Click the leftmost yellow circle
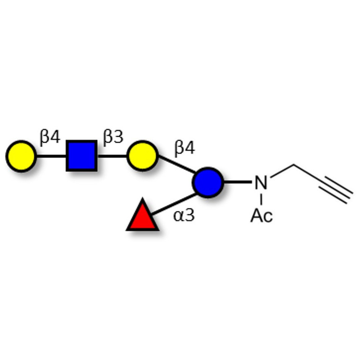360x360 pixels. click(x=21, y=156)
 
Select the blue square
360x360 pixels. click(x=81, y=156)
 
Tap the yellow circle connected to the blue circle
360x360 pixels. click(x=143, y=156)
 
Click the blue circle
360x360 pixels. click(x=208, y=182)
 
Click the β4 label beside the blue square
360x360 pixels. click(x=50, y=137)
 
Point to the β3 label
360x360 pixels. click(x=113, y=137)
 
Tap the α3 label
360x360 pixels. click(x=184, y=216)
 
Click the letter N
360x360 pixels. click(x=261, y=183)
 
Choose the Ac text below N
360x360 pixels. click(x=261, y=216)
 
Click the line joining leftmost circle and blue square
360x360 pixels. click(x=51, y=156)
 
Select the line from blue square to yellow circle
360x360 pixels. click(x=112, y=156)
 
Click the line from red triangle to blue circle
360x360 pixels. click(x=174, y=204)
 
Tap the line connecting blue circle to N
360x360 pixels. click(x=238, y=182)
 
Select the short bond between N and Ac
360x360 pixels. click(x=261, y=199)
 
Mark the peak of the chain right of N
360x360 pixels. click(x=294, y=165)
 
